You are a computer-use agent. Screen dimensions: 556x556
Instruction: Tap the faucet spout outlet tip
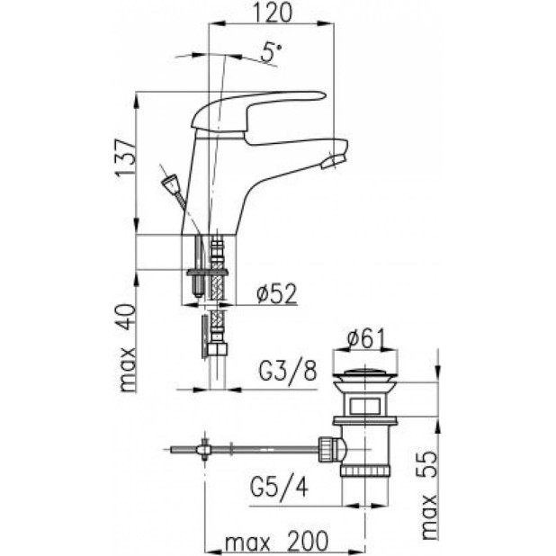336,160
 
